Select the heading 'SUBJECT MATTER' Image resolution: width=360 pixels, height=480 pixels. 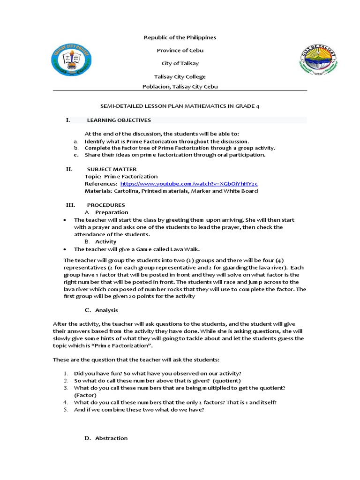(112, 169)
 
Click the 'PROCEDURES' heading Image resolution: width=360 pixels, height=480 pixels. (106, 205)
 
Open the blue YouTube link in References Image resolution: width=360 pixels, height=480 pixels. (189, 184)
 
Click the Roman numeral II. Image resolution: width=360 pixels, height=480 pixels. (69, 169)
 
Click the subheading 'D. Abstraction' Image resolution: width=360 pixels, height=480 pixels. (106, 438)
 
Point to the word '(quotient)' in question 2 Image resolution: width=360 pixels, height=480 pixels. (227, 381)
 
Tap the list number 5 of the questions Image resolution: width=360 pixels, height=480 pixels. (66, 410)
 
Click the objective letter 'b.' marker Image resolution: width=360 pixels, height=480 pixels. (76, 148)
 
